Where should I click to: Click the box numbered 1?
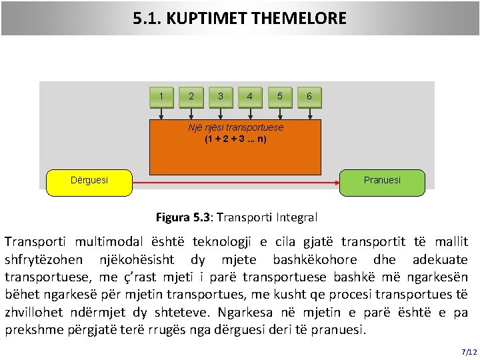[161, 97]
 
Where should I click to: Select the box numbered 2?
[191, 97]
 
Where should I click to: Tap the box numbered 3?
[221, 97]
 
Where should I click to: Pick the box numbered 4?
[250, 97]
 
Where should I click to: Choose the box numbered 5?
[279, 97]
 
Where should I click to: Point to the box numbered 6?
[309, 97]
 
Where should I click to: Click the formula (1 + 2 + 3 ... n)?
[235, 140]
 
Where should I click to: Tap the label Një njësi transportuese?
[235, 127]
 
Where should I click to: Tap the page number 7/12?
[468, 351]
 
